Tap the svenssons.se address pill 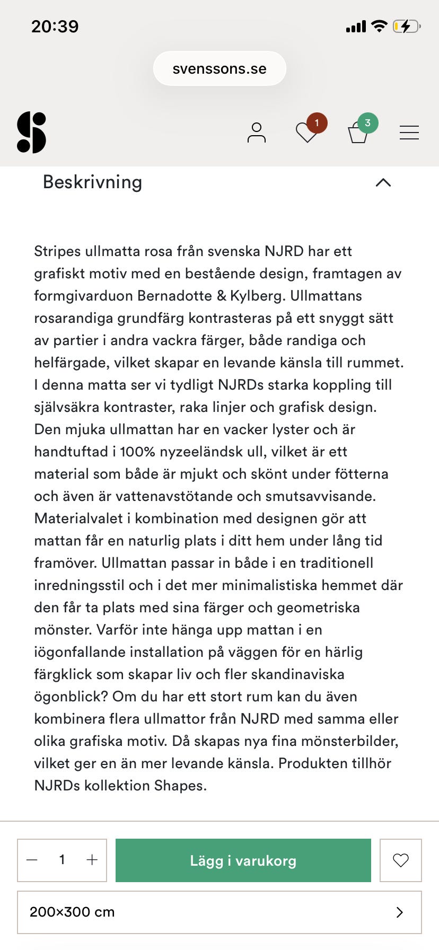point(219,69)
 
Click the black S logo point(32,133)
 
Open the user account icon point(257,133)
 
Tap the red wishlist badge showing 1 point(317,123)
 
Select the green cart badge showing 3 point(367,123)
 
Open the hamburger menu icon point(409,133)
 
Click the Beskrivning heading point(92,182)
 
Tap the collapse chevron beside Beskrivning point(383,182)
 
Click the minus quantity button point(32,860)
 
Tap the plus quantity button point(92,860)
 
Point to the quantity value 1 point(62,860)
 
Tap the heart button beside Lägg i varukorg point(401,860)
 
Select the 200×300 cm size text point(72,912)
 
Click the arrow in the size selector point(400,912)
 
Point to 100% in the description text point(137,452)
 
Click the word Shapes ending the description point(180,786)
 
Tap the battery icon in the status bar point(406,26)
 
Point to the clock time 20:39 point(55,26)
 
